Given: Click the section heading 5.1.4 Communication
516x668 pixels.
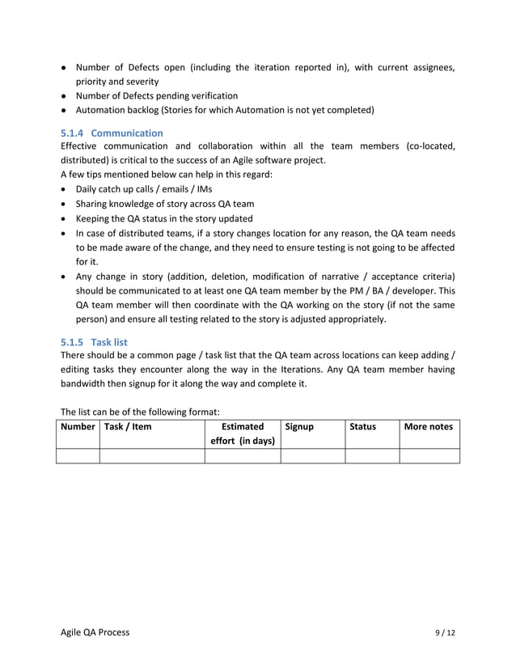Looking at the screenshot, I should (112, 133).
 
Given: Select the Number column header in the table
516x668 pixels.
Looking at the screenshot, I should (78, 426).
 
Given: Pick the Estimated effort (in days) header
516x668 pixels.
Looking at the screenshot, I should (242, 433).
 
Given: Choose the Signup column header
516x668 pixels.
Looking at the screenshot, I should (300, 426).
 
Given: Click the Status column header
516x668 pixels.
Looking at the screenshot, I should (362, 426).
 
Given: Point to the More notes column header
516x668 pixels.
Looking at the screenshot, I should (429, 426).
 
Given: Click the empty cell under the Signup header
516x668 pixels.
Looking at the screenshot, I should (312, 456).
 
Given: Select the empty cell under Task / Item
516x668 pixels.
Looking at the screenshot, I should (151, 456).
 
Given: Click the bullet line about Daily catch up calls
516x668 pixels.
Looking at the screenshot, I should (144, 189).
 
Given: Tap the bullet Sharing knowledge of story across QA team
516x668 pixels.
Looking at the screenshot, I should (164, 204).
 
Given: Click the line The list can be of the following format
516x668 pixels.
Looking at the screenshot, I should (140, 411).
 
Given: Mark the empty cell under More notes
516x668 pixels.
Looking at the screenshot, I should (429, 456).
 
